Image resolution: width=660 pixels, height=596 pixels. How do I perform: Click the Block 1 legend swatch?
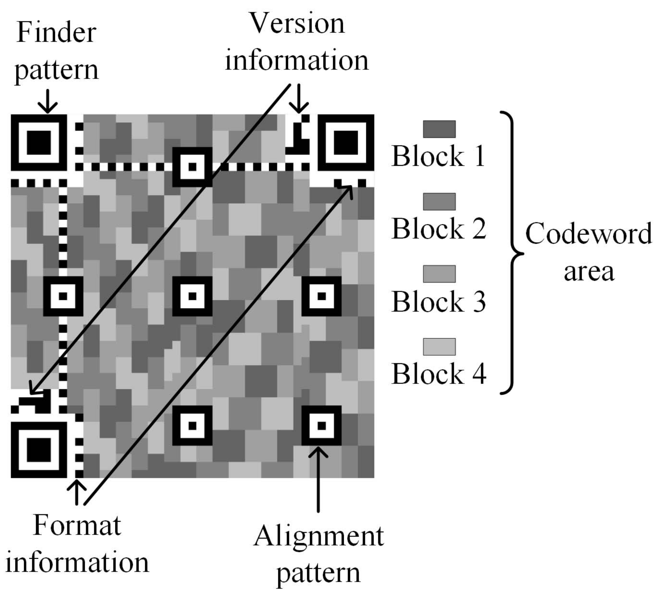click(x=439, y=129)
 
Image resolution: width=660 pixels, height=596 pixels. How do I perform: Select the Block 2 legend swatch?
click(x=439, y=201)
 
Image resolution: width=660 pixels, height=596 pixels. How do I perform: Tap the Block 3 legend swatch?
click(x=439, y=274)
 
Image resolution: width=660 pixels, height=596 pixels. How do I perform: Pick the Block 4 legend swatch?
click(x=439, y=346)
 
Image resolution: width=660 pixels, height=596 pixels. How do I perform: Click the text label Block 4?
click(x=439, y=374)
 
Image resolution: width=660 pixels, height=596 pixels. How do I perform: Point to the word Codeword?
click(x=589, y=234)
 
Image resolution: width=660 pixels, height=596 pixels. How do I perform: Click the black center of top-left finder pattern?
click(x=39, y=142)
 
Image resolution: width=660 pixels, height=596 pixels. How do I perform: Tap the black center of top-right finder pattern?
click(x=346, y=142)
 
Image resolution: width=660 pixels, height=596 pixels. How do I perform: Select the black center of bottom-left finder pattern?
click(x=39, y=449)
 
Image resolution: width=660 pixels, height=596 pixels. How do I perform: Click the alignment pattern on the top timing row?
click(x=192, y=167)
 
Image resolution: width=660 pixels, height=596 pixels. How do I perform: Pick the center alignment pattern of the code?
click(x=192, y=296)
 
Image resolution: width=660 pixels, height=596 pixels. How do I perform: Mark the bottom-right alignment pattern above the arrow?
click(x=321, y=426)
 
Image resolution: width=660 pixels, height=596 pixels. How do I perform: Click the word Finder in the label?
click(x=56, y=33)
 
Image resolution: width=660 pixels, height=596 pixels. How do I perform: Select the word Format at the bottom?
click(x=77, y=526)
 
